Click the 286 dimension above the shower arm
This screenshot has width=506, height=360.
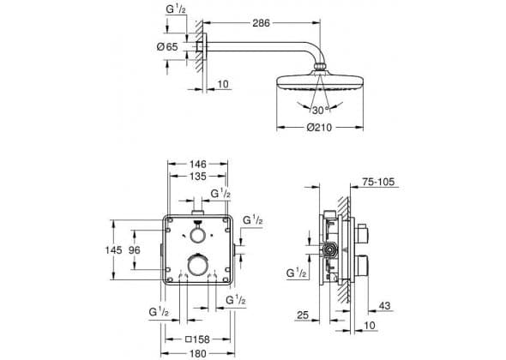pos(261,23)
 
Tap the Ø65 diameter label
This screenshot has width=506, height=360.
pos(167,47)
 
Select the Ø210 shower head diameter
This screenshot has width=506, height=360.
pos(319,128)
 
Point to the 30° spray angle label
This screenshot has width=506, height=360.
pos(320,111)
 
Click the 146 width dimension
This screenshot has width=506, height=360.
pos(197,165)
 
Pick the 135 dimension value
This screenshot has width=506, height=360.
pos(197,177)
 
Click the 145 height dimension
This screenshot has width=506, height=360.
pos(113,249)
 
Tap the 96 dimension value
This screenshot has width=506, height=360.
pos(135,249)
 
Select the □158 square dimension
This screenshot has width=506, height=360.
pos(197,339)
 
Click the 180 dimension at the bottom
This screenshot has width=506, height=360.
pos(197,353)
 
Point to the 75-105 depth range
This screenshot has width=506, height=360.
pos(378,182)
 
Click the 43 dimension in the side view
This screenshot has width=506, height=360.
pos(384,305)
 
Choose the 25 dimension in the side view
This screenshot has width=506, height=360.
pos(303,315)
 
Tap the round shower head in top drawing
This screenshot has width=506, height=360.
pos(320,82)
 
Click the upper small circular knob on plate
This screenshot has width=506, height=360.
pos(197,236)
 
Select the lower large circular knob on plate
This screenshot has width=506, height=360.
pos(197,264)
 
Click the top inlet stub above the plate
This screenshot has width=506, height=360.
pos(197,213)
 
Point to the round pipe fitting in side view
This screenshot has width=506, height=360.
pos(329,249)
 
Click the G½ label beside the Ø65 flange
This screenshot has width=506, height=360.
pos(176,9)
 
